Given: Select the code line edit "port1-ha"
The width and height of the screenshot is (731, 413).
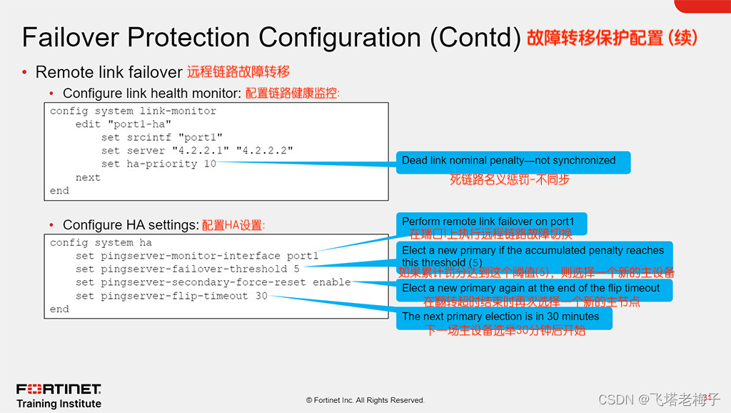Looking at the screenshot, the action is (x=123, y=124).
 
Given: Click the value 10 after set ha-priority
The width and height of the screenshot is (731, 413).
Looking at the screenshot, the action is (x=209, y=164).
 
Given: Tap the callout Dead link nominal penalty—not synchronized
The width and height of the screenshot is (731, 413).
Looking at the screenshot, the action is (x=508, y=161).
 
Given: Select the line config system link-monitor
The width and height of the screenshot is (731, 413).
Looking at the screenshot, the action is (x=133, y=111).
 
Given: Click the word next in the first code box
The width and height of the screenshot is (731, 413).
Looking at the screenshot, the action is (x=88, y=177).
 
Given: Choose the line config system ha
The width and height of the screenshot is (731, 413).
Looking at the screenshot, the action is (x=101, y=243).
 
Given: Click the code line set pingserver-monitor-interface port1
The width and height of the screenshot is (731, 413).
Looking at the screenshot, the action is (x=197, y=256).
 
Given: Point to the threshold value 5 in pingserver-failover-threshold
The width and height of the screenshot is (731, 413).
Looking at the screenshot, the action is (x=296, y=269).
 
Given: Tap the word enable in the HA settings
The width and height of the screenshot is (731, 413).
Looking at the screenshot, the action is (x=331, y=282).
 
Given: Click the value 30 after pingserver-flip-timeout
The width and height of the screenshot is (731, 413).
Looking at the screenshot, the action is (x=261, y=296).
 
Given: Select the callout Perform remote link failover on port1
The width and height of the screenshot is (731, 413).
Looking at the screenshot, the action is (x=488, y=222).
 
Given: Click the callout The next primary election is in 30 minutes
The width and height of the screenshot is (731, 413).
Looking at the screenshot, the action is (x=500, y=316).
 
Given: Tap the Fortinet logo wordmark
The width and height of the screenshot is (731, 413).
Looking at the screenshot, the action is (x=59, y=389).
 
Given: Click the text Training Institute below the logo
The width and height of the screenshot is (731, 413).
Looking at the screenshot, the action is (x=59, y=404).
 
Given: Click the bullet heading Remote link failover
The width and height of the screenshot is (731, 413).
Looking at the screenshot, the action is (x=109, y=72).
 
